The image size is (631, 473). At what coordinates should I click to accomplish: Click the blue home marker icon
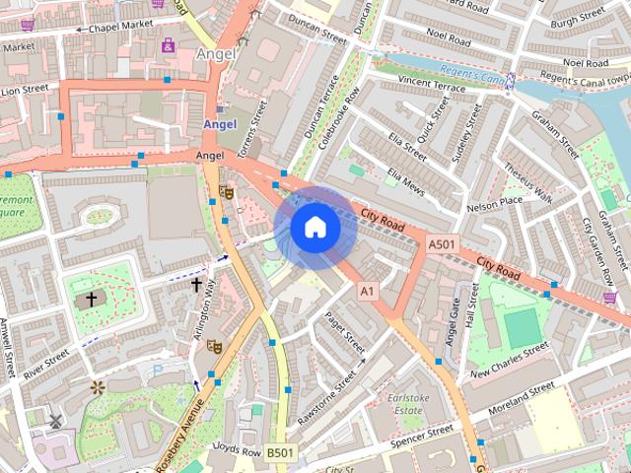[x=315, y=228]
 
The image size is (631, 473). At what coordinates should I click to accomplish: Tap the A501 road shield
[x=443, y=244]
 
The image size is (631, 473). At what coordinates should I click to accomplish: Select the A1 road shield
[x=368, y=291]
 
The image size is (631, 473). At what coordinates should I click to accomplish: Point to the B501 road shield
[x=279, y=452]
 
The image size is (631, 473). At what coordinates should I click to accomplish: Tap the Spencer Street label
[x=420, y=435]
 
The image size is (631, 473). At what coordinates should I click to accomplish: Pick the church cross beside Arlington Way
[x=196, y=285]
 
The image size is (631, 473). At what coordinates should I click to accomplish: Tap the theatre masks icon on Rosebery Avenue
[x=214, y=345]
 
